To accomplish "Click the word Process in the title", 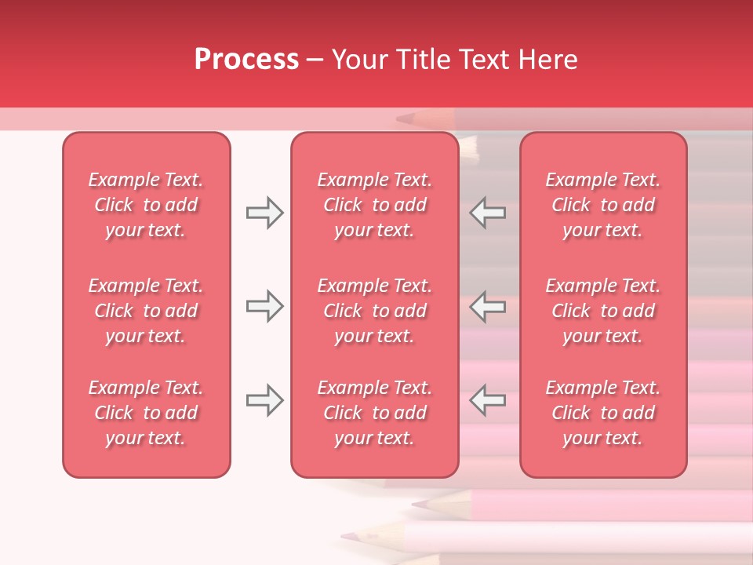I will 246,60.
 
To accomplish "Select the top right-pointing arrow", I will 264,213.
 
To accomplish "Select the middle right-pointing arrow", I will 264,306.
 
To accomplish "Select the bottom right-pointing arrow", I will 264,400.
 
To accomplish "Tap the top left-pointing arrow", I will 488,213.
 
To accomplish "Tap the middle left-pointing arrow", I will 488,306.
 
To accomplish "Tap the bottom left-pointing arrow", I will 488,400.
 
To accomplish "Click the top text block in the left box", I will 146,205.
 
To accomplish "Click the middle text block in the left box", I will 146,311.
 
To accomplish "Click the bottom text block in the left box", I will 146,413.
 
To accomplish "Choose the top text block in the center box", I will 374,205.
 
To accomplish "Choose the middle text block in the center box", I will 374,311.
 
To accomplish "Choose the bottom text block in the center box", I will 374,413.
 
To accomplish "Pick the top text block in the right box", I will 602,205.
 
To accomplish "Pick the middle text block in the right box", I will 602,311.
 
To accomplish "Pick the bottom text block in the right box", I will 602,413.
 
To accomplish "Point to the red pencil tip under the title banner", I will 404,119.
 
